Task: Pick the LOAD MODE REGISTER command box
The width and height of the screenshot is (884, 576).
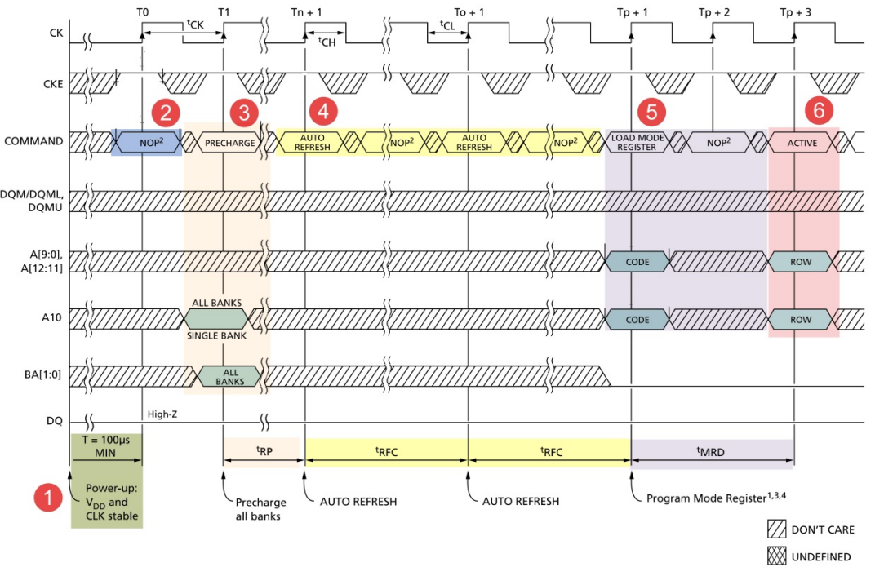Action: click(x=637, y=142)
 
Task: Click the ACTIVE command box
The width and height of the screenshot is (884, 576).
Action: click(x=802, y=142)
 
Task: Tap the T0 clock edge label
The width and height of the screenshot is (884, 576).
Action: click(x=143, y=13)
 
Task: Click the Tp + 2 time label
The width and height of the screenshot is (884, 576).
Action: click(x=715, y=13)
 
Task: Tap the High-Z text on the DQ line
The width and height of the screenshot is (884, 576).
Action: click(x=163, y=414)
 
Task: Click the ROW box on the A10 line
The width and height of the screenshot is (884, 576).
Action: click(x=801, y=319)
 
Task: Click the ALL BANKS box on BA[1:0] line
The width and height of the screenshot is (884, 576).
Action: click(x=229, y=376)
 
